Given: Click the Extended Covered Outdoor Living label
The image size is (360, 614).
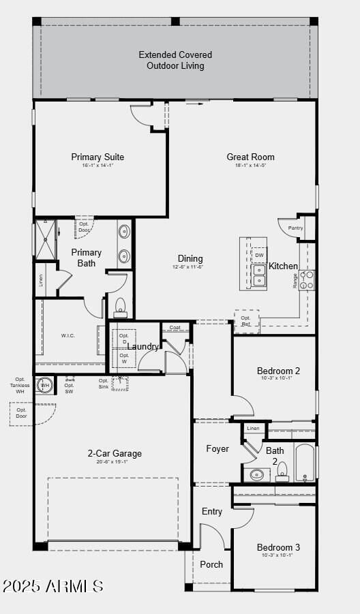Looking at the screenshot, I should [x=175, y=60].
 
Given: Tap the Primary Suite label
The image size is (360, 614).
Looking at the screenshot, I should [x=97, y=157].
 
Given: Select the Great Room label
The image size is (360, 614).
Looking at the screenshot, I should [x=251, y=157].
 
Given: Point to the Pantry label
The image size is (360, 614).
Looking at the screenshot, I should [x=295, y=228].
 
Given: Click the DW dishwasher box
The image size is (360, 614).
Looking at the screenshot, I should [x=259, y=256].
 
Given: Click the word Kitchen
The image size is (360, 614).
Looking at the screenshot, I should [x=283, y=266].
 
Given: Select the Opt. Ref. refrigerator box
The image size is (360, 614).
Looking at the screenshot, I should [x=246, y=321].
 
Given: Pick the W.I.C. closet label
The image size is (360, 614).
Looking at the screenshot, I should [x=68, y=335].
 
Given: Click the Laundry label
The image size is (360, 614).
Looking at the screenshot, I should [x=143, y=346].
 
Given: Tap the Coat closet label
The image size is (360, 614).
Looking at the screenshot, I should [x=175, y=328].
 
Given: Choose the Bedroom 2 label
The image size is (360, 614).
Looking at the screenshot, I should [x=278, y=371].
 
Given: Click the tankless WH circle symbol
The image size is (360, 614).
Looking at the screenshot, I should [x=45, y=385].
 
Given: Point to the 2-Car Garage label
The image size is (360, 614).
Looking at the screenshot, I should [x=115, y=453].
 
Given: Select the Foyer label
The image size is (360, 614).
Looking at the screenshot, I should [x=217, y=449].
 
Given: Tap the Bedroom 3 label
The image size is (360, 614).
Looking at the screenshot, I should [x=278, y=547].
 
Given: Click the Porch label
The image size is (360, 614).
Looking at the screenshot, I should [x=211, y=564].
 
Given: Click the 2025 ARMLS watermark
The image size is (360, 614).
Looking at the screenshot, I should [x=53, y=586].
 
